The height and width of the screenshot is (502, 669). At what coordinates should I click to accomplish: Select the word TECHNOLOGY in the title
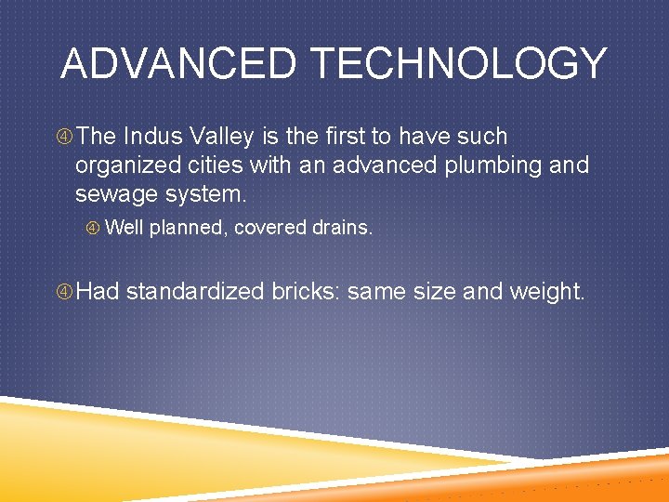(x=459, y=64)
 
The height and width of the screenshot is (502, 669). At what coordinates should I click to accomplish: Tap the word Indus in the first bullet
(x=152, y=137)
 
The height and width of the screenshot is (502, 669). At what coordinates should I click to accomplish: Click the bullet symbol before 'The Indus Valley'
(x=65, y=138)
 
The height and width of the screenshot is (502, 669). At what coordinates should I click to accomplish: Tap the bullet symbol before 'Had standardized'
(x=65, y=292)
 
